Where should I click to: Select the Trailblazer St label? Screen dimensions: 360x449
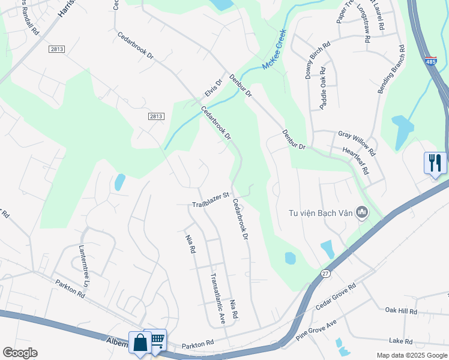point(211,200)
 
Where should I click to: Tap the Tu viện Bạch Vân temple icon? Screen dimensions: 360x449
point(362,212)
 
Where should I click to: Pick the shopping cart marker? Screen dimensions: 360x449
point(156,340)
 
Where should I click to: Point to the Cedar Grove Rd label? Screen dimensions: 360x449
point(336,295)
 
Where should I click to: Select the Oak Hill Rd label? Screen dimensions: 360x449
point(401,310)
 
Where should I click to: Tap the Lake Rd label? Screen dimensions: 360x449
point(400,341)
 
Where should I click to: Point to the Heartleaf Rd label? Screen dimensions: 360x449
point(355,161)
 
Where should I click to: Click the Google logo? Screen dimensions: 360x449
point(20,353)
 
